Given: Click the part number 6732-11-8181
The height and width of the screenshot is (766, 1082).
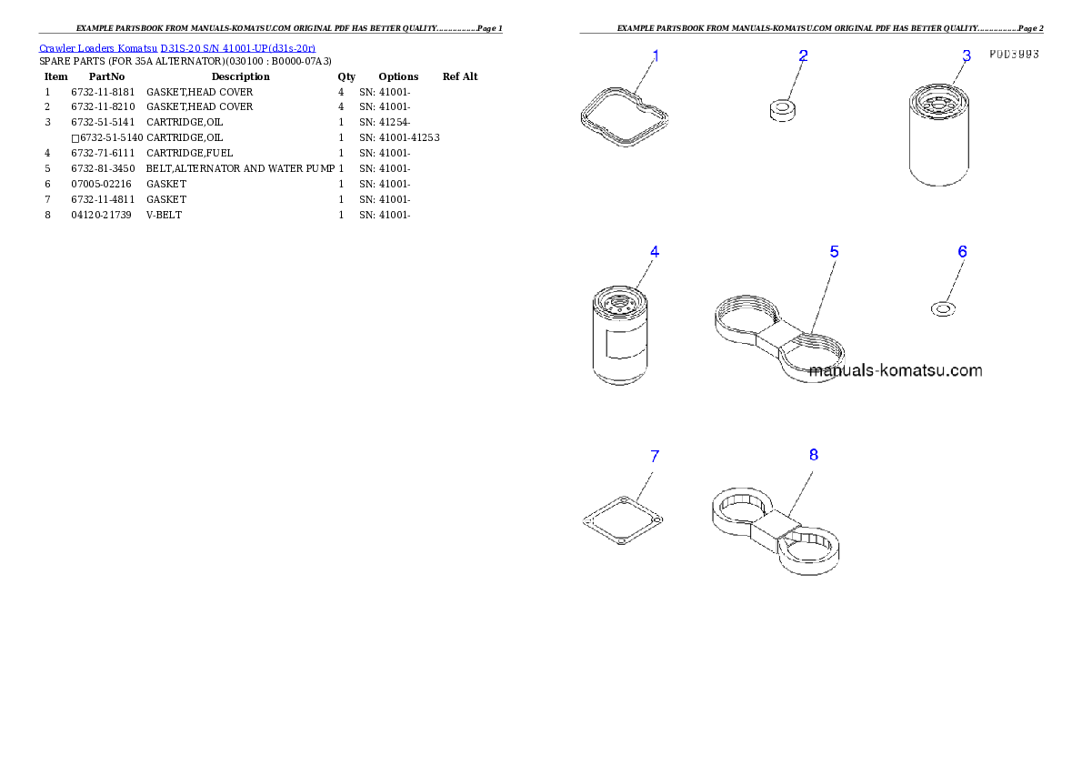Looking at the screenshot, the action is coord(103,92).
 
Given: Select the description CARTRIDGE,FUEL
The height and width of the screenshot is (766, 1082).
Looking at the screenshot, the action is coord(189,154).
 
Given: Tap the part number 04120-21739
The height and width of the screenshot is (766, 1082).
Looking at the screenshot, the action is coord(102,215).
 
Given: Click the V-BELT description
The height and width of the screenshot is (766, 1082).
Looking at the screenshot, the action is coord(165,215).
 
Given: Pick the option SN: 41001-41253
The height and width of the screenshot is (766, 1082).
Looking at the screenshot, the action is coord(399,137).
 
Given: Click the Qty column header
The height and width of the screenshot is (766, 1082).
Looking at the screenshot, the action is coord(346,76).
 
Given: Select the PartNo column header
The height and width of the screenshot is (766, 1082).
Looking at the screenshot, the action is coord(107,76).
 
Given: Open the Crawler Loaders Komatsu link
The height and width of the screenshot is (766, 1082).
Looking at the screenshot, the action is coord(98,48).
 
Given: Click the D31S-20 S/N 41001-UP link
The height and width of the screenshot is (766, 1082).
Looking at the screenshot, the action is coord(238,48).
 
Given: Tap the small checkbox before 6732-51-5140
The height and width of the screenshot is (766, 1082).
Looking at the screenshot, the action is coord(75,138).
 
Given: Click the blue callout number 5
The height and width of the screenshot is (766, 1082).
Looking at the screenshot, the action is coord(835,252).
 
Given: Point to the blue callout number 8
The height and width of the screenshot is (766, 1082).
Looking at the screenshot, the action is coord(814,455).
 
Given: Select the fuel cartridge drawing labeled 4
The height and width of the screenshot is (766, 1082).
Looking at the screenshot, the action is coord(620,336).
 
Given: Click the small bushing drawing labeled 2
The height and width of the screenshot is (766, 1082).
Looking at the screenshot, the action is coord(783,110).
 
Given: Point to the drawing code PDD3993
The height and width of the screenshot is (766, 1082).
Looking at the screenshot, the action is coord(1014,54).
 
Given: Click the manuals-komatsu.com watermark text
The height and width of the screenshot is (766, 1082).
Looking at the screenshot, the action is coord(896,371).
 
